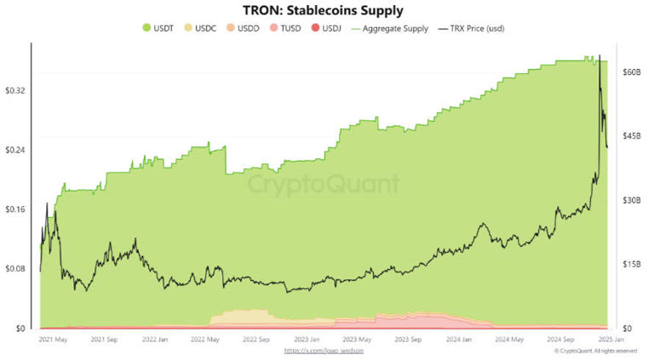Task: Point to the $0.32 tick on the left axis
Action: pyautogui.click(x=16, y=90)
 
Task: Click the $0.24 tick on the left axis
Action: pyautogui.click(x=16, y=150)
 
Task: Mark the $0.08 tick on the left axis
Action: pyautogui.click(x=16, y=269)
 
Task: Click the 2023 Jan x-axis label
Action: pyautogui.click(x=307, y=339)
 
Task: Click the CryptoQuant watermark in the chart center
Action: pyautogui.click(x=324, y=184)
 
